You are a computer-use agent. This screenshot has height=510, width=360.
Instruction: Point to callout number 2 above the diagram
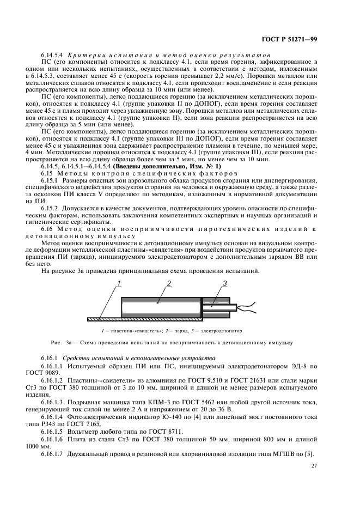(x=169, y=283)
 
